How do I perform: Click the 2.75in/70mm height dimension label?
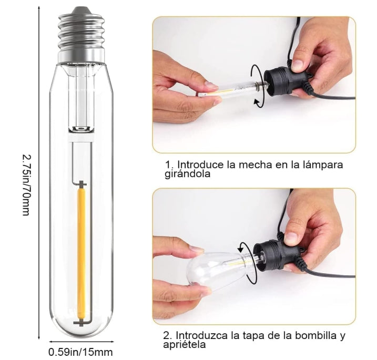click(x=26, y=184)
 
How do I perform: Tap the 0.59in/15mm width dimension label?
click(x=80, y=352)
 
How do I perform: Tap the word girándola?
click(x=187, y=174)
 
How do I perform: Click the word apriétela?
click(x=185, y=344)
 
